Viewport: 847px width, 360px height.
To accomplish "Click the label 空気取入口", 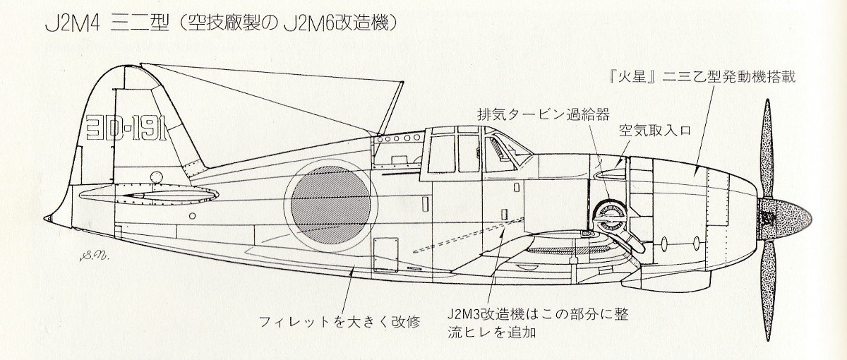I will pos(649,131).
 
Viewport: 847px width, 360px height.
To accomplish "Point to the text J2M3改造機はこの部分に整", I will pos(537,312).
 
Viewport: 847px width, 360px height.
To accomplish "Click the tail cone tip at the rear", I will pos(47,217).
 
